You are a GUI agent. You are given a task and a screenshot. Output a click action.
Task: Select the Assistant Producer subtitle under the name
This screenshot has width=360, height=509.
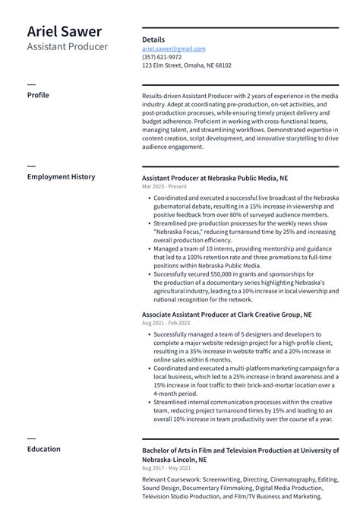[68, 47]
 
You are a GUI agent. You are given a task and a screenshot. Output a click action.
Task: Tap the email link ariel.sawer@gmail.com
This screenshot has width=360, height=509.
[173, 49]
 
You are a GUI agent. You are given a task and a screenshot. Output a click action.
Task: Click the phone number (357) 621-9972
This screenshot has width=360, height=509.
[162, 57]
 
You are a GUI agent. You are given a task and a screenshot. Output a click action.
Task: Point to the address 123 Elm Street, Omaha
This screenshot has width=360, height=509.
[187, 65]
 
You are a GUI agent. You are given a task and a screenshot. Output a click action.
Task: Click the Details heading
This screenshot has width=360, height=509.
[153, 38]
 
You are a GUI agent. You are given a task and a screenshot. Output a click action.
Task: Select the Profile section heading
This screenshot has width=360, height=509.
[38, 95]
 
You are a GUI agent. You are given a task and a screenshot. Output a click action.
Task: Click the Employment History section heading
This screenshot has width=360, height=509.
[61, 177]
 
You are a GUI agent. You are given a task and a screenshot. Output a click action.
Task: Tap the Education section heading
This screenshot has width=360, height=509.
[43, 449]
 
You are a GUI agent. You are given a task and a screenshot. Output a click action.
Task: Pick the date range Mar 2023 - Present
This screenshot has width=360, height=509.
[163, 186]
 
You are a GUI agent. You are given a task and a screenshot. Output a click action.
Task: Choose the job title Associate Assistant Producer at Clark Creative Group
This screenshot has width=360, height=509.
[226, 314]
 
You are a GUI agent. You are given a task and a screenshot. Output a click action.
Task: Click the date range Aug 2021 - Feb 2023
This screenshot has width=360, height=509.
[166, 323]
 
